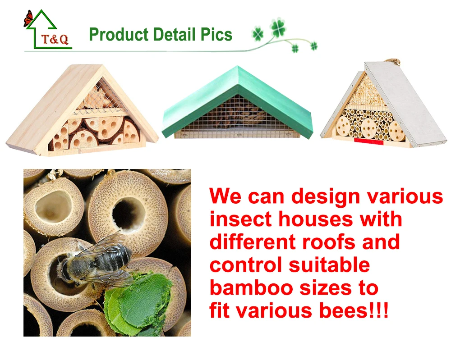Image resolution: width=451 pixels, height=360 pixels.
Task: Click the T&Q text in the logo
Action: (x=55, y=40)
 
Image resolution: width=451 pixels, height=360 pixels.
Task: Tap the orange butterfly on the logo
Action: (x=28, y=19)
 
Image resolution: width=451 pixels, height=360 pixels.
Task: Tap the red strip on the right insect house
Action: (x=368, y=142)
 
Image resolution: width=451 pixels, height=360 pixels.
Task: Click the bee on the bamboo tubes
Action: (x=97, y=264)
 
